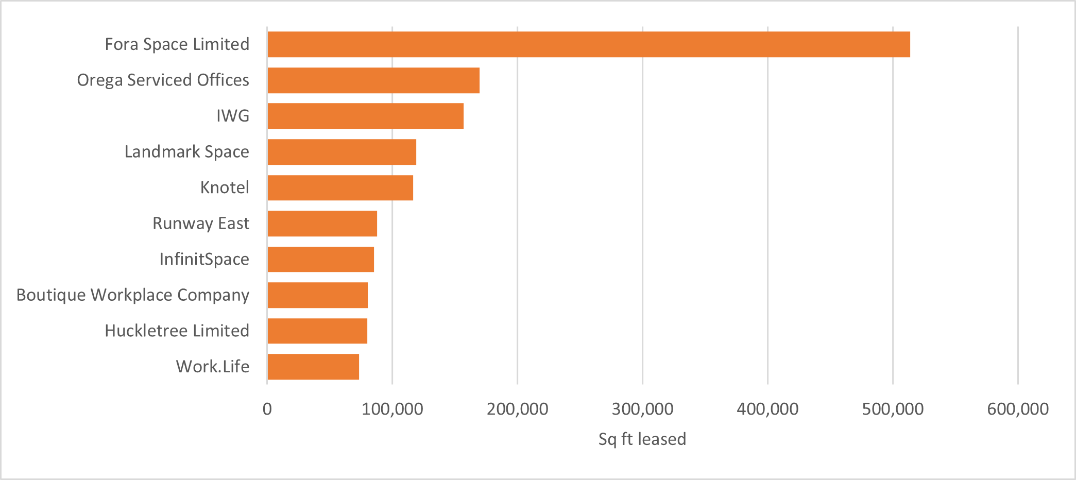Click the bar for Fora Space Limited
coord(588,44)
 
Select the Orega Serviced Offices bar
coord(373,80)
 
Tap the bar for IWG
coord(365,116)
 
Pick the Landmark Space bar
coord(341,152)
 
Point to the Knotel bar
coord(340,187)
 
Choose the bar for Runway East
coord(322,224)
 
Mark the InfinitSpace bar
coord(320,259)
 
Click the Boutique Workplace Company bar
coord(317,295)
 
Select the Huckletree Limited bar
coord(317,331)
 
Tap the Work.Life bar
coord(313,367)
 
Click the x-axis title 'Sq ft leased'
coord(642,439)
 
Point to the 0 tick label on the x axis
coord(267,409)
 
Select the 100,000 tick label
coord(392,409)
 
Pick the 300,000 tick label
coord(642,409)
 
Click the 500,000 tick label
coord(893,409)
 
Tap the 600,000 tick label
coord(1018,409)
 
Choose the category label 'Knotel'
coord(225,187)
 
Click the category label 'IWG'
coord(233,116)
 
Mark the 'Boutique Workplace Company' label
coord(133,295)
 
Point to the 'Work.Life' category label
coord(213,367)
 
